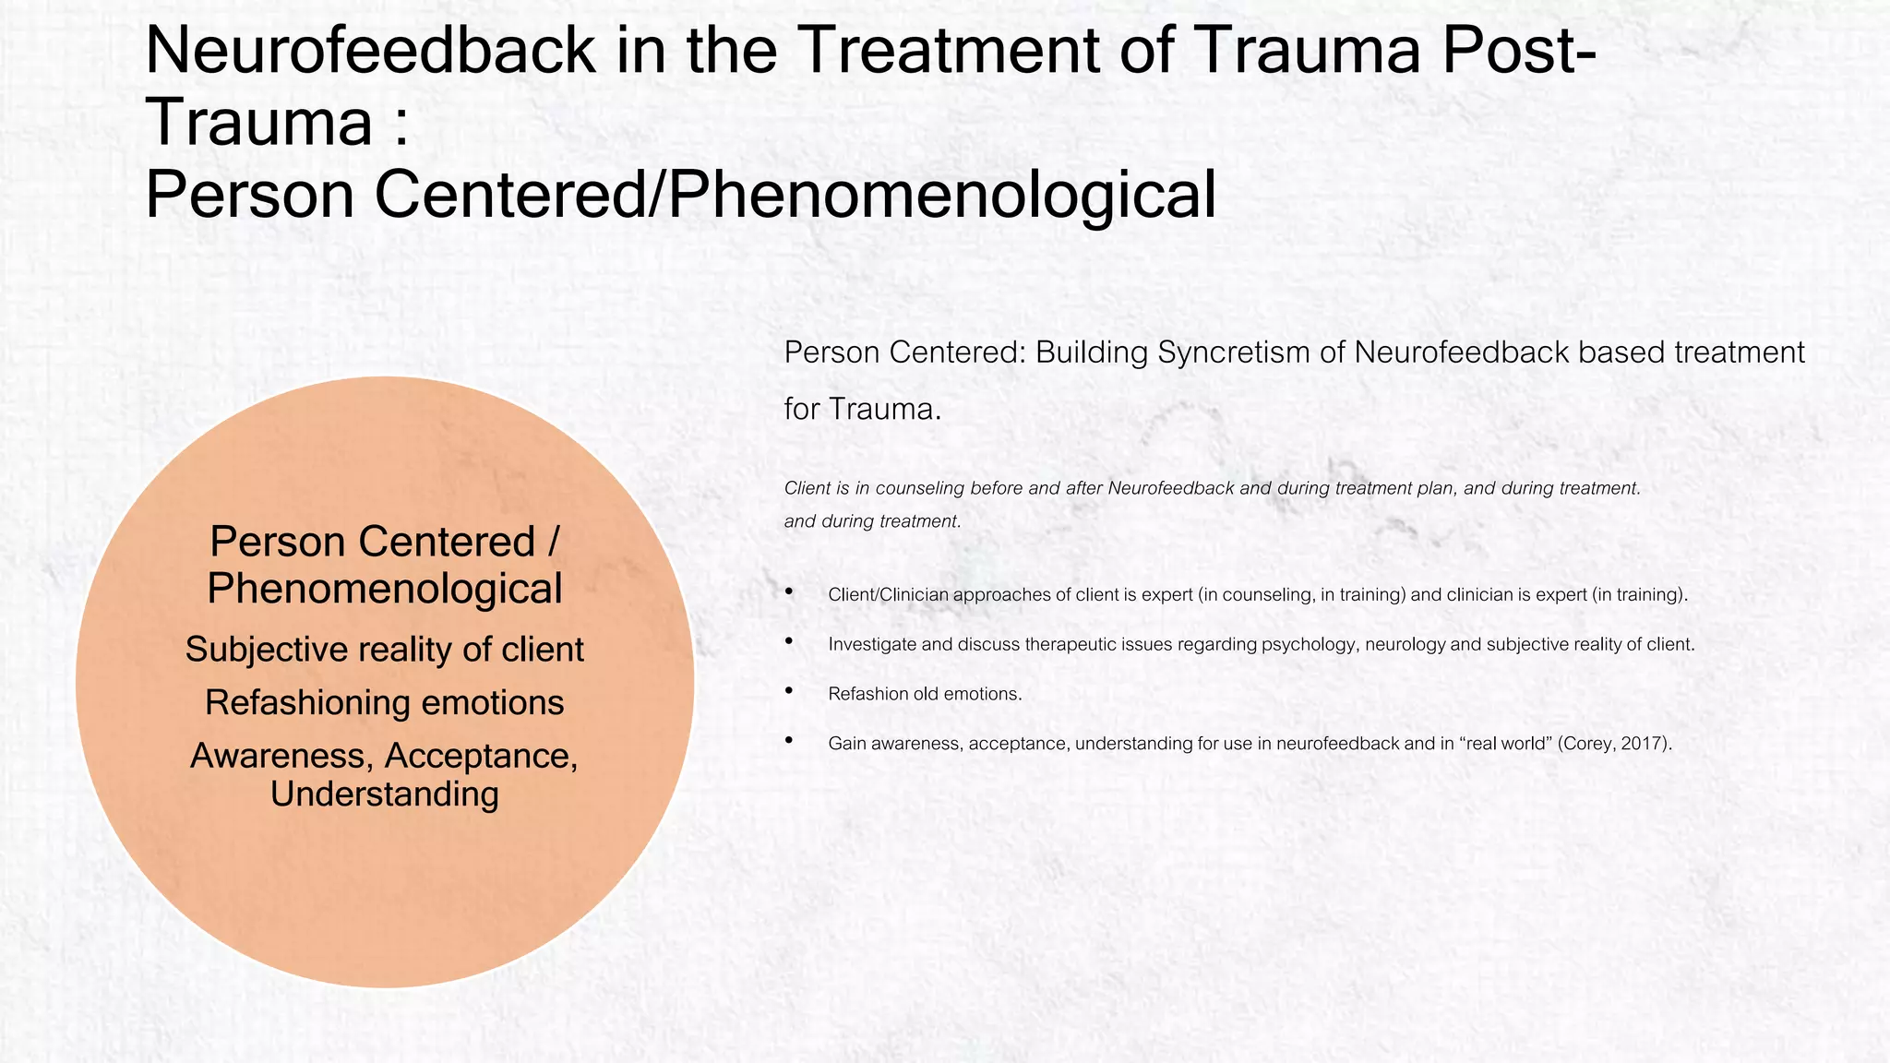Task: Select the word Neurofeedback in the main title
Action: pos(370,51)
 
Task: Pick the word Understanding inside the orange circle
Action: pos(384,794)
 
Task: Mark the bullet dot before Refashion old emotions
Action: pos(789,691)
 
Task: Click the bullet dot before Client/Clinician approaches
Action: pos(789,591)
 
